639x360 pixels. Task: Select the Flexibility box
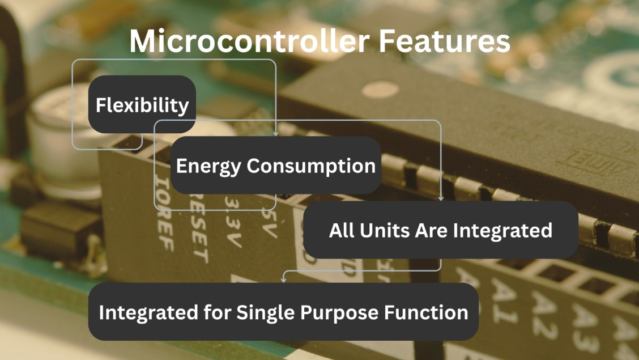pyautogui.click(x=142, y=105)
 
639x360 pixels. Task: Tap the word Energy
pyautogui.click(x=208, y=166)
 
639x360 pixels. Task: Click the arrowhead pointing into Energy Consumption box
pyautogui.click(x=276, y=134)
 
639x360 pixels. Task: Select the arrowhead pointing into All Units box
pyautogui.click(x=441, y=198)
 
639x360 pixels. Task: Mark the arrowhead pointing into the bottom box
pyautogui.click(x=283, y=279)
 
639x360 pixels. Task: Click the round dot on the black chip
pyautogui.click(x=372, y=90)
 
